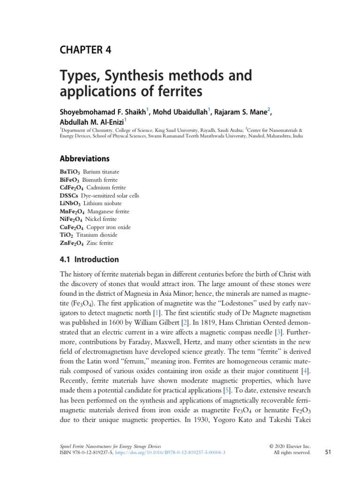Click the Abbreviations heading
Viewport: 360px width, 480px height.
tap(84, 158)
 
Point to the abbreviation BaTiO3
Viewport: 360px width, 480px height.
tap(69, 172)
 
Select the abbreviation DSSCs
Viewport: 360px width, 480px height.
tap(69, 195)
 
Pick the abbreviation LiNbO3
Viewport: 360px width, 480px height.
tap(70, 203)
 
